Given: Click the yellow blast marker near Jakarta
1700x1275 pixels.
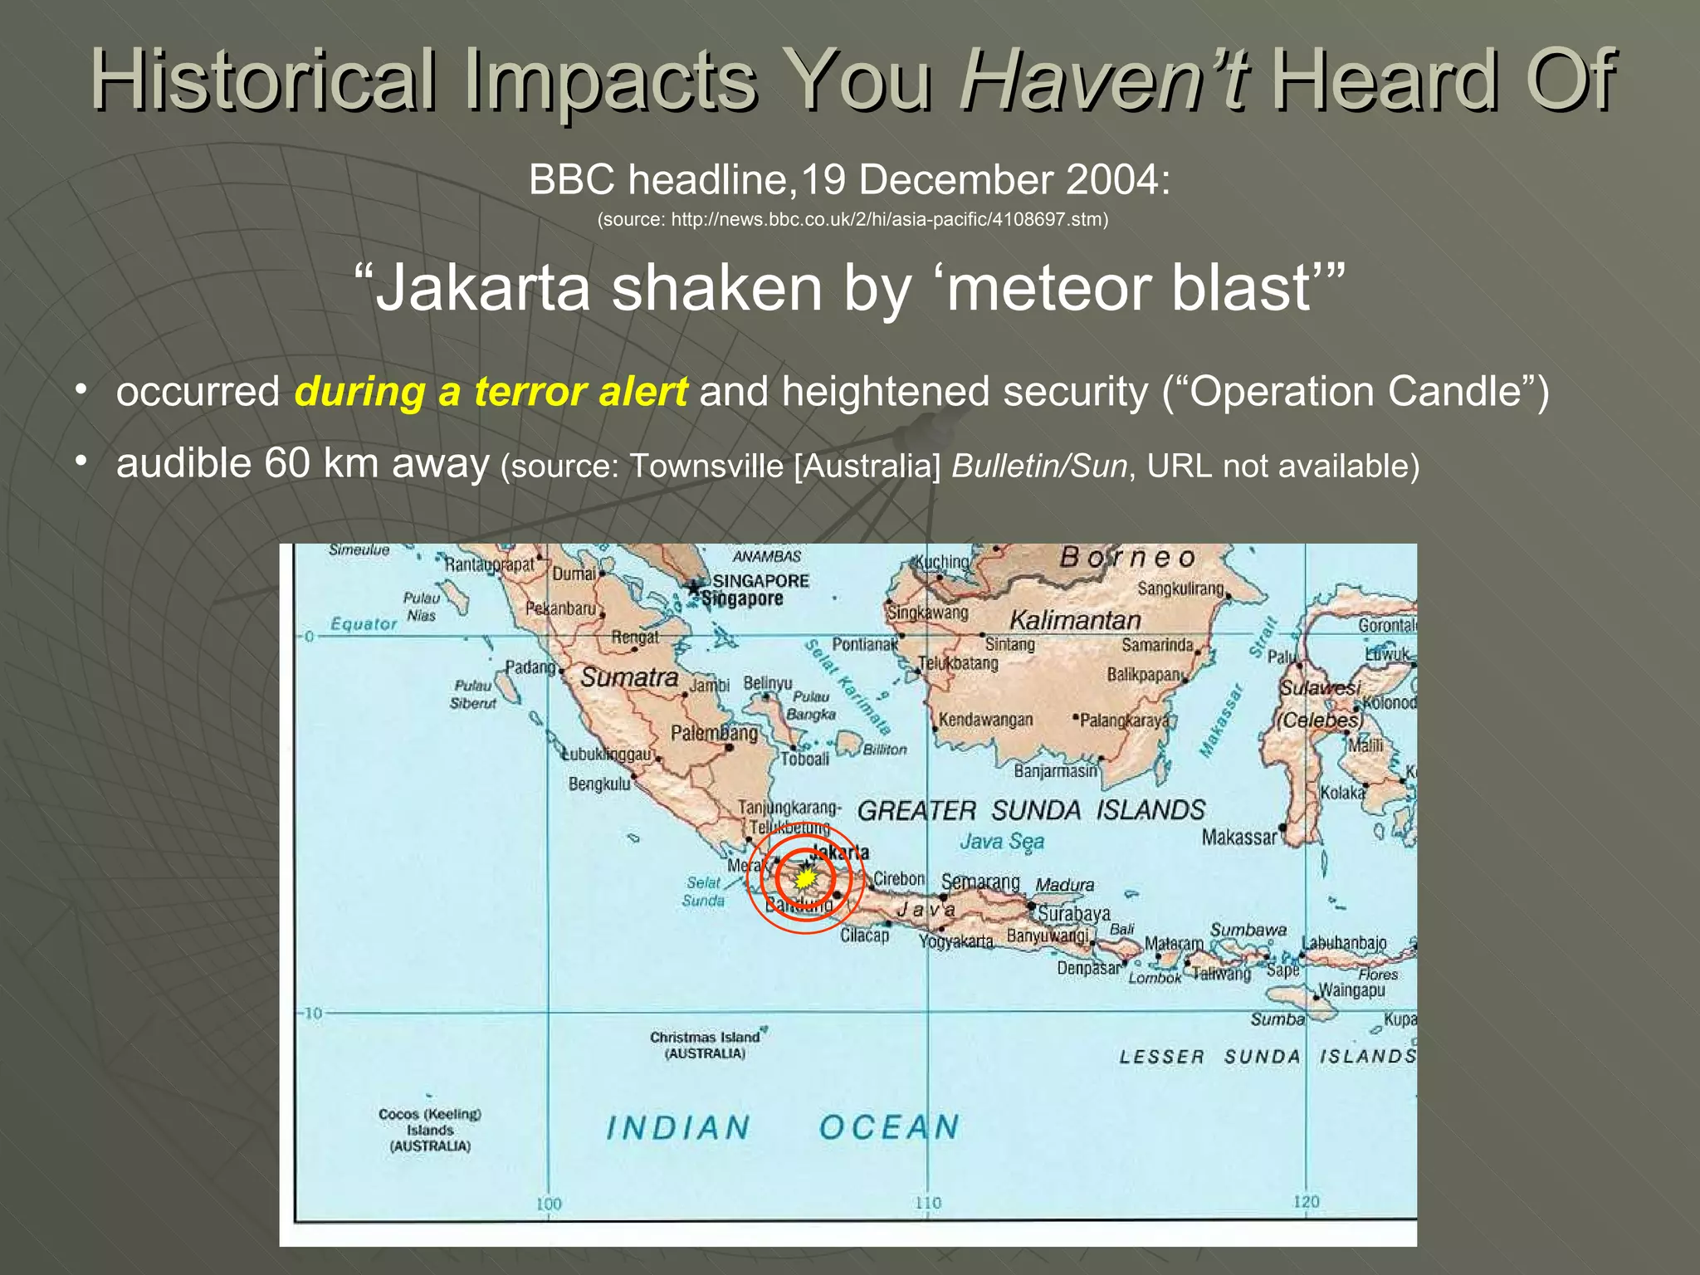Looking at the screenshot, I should coord(804,878).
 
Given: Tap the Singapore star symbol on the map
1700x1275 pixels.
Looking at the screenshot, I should coord(695,589).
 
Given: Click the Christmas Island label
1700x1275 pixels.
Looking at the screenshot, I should coord(704,1045).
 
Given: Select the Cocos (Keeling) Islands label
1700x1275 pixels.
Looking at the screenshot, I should coord(430,1130).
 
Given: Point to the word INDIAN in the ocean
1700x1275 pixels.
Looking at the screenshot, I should coord(678,1128).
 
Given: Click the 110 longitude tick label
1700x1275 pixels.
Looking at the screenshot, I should coord(927,1203).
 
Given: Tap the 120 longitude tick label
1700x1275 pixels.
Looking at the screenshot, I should coord(1306,1201).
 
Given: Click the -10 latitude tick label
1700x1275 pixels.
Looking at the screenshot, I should coord(310,1014).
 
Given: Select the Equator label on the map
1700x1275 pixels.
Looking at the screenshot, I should coord(364,623).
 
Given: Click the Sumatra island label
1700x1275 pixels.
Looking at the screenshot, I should coord(629,677).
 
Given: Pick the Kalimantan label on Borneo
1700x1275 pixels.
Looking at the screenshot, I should coord(1075,620).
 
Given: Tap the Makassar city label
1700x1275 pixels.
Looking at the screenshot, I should coord(1238,838).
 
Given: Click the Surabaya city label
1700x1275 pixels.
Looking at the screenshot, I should coord(1073,914).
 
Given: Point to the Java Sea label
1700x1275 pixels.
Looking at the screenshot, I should coord(1002,842).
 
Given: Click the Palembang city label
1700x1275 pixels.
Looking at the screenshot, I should coord(714,733).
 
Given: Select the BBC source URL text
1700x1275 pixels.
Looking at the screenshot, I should coord(852,220).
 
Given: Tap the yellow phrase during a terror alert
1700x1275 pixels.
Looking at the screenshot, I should coord(491,391).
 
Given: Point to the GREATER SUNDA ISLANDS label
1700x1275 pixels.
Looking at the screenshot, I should coord(1030,810).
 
